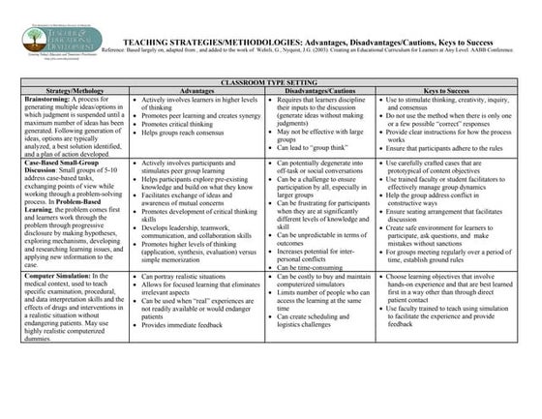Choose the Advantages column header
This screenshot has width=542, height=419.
click(197, 93)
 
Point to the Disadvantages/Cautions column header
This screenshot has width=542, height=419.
click(321, 93)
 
